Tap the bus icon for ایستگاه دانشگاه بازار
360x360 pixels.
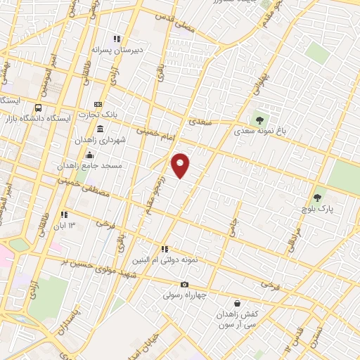click(x=37, y=108)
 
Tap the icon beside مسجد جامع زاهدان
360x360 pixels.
click(x=89, y=155)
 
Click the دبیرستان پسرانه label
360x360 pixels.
click(x=118, y=51)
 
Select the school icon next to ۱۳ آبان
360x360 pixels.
click(x=64, y=214)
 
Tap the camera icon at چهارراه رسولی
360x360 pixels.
click(x=184, y=285)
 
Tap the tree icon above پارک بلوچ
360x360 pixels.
click(x=318, y=198)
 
